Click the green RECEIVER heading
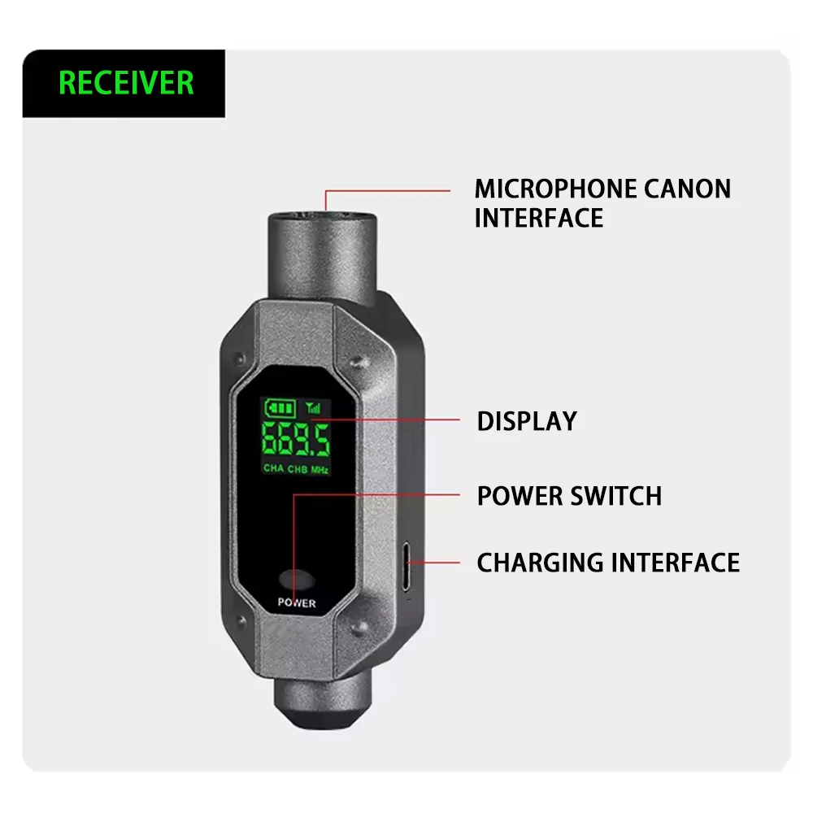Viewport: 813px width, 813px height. coord(126,83)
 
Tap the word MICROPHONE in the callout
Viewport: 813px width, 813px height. coord(554,189)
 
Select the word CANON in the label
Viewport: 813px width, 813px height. coord(688,189)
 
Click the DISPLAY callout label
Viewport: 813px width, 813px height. coord(527,421)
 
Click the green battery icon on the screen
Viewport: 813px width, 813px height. coord(280,408)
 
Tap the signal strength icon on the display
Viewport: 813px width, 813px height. coord(313,407)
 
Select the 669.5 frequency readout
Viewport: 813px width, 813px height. coord(296,439)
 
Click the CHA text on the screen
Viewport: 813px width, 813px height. coord(274,467)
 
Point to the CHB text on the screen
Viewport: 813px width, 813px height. coord(298,469)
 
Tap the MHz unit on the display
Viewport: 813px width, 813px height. coord(320,470)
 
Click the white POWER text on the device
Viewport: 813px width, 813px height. coord(297,602)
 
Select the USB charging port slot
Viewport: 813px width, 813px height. coord(406,566)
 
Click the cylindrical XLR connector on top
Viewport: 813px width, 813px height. coord(323,257)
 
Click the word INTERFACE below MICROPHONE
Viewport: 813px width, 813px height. coord(539,218)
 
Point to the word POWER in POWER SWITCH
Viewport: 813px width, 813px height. coord(520,496)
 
